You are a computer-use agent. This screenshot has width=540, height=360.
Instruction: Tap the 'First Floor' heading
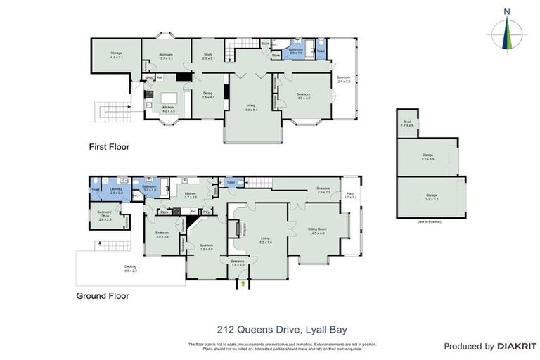(109, 147)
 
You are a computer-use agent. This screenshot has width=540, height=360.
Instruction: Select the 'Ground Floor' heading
(103, 296)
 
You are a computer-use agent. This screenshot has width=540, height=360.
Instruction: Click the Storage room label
(116, 56)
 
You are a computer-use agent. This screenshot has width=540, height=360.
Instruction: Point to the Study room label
(208, 56)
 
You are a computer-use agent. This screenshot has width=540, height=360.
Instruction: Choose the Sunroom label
(343, 79)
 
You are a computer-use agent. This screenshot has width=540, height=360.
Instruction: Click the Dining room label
(207, 95)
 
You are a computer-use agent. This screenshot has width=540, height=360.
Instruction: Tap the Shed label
(407, 124)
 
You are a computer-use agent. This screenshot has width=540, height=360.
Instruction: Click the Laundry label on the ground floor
(117, 191)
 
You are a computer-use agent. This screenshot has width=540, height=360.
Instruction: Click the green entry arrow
(243, 283)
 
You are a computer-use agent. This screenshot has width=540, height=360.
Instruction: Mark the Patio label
(350, 196)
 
